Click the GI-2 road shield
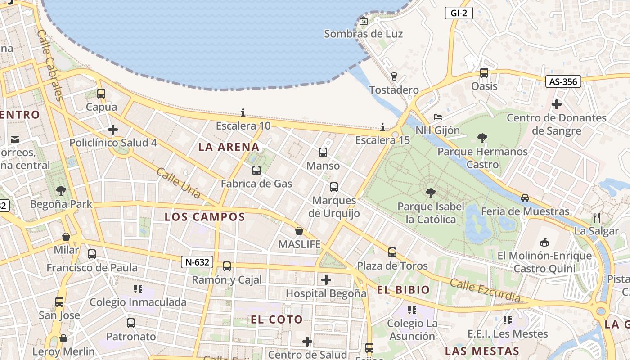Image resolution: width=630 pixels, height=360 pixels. coord(459,13)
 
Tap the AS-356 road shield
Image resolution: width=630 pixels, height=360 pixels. coord(563,81)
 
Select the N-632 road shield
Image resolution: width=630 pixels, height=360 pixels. coord(197,262)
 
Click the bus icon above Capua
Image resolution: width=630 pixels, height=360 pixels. coord(101,94)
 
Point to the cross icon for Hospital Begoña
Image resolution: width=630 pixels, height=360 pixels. coord(326,280)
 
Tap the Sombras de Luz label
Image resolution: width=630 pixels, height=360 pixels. coord(363,34)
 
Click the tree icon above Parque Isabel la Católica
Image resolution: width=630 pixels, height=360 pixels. coord(430,193)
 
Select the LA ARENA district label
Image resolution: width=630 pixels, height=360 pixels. coord(229,147)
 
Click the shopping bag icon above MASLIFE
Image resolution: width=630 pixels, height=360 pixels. coord(299,231)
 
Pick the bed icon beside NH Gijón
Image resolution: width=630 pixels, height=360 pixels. coord(437,117)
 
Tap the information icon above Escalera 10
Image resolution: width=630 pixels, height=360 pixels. coord(243,112)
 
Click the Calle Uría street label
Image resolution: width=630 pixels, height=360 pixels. coord(179,183)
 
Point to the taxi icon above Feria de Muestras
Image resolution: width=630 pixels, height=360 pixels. coord(525,198)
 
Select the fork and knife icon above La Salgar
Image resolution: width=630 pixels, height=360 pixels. coord(597,218)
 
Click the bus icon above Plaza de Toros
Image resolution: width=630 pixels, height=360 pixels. coord(392,252)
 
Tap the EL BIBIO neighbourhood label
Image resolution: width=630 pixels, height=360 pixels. coord(404,290)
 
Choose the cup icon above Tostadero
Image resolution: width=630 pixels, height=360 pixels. coord(394,76)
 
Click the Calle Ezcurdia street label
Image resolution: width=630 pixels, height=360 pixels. coord(485,291)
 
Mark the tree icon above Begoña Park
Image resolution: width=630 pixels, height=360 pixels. coord(61,191)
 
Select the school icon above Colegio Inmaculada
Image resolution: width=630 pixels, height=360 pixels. coord(138,288)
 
